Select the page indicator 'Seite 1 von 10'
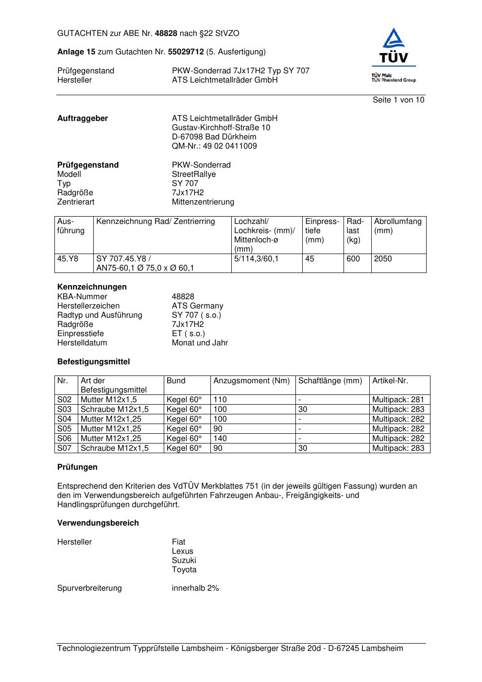point(398,100)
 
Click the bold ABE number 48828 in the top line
point(166,34)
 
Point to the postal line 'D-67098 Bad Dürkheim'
point(214,137)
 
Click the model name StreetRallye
point(193,174)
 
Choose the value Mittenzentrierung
point(203,202)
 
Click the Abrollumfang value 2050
point(383,259)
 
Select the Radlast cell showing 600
point(353,259)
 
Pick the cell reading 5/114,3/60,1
point(256,259)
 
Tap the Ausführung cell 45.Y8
point(68,259)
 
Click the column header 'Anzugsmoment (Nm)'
point(251,381)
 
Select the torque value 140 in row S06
point(220,439)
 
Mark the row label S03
point(64,409)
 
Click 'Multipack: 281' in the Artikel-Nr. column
point(398,400)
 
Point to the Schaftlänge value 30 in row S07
point(303,448)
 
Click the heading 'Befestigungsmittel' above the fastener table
point(93,362)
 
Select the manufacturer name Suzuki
point(184,561)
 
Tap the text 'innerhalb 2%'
point(195,588)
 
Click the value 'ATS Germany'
point(197,306)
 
